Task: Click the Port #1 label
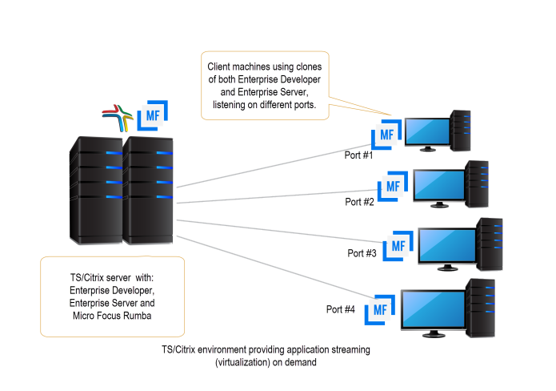pyautogui.click(x=359, y=155)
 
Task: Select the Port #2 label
pyautogui.click(x=360, y=202)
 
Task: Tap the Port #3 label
pyautogui.click(x=362, y=253)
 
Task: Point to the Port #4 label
pyautogui.click(x=340, y=309)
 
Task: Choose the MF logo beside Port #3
pyautogui.click(x=398, y=244)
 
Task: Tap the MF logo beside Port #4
pyautogui.click(x=382, y=308)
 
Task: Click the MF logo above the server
pyautogui.click(x=152, y=116)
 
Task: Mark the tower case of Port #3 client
pyautogui.click(x=489, y=241)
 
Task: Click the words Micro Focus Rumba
pyautogui.click(x=113, y=315)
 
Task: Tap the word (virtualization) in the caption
pyautogui.click(x=244, y=362)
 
